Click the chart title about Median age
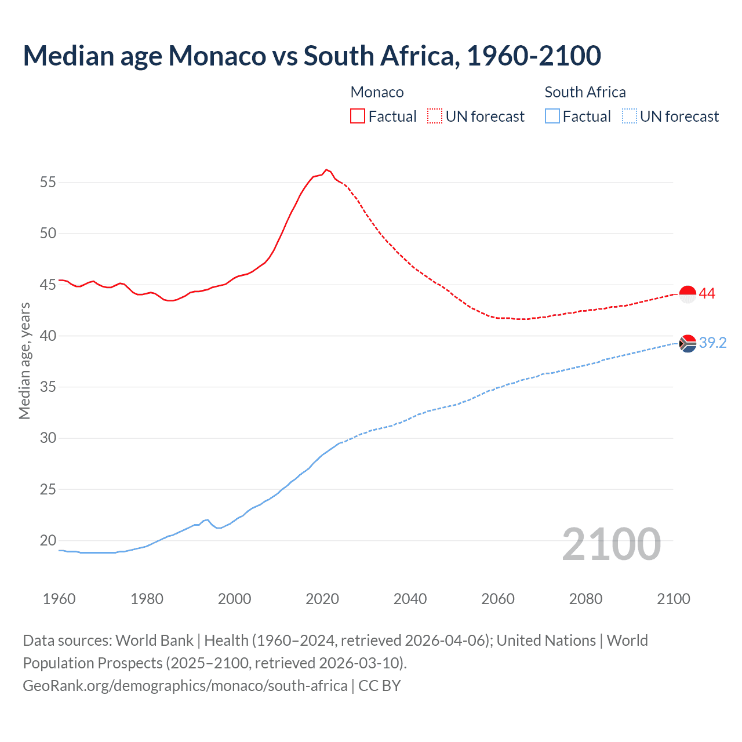[x=312, y=56]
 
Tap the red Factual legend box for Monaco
[x=358, y=117]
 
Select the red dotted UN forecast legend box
[x=435, y=117]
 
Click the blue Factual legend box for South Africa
[x=552, y=117]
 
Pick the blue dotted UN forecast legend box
[x=629, y=117]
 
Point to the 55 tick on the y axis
[x=48, y=182]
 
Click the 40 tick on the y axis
[x=48, y=336]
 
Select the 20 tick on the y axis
[x=48, y=540]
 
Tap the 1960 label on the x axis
[x=59, y=599]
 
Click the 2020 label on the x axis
[x=322, y=599]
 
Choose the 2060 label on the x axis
[x=498, y=599]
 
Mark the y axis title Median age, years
[x=24, y=361]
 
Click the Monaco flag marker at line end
[x=688, y=294]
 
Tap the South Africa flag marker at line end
[x=688, y=344]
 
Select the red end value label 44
[x=707, y=294]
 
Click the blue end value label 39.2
[x=712, y=343]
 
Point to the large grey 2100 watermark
[x=612, y=544]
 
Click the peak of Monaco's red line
[x=326, y=169]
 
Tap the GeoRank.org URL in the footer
[x=185, y=685]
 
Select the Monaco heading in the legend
[x=377, y=92]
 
